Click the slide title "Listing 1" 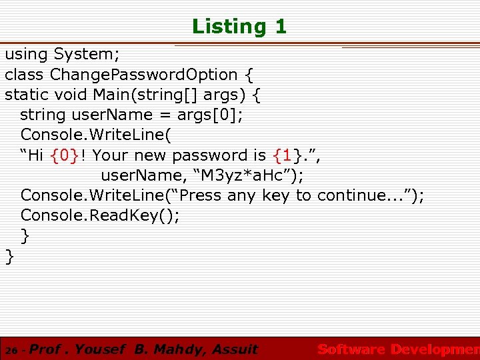pyautogui.click(x=239, y=27)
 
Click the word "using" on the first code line pyautogui.click(x=27, y=54)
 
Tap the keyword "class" pyautogui.click(x=25, y=74)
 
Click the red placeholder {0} pyautogui.click(x=65, y=155)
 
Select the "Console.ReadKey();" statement pyautogui.click(x=100, y=215)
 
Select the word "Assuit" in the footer pyautogui.click(x=233, y=349)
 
